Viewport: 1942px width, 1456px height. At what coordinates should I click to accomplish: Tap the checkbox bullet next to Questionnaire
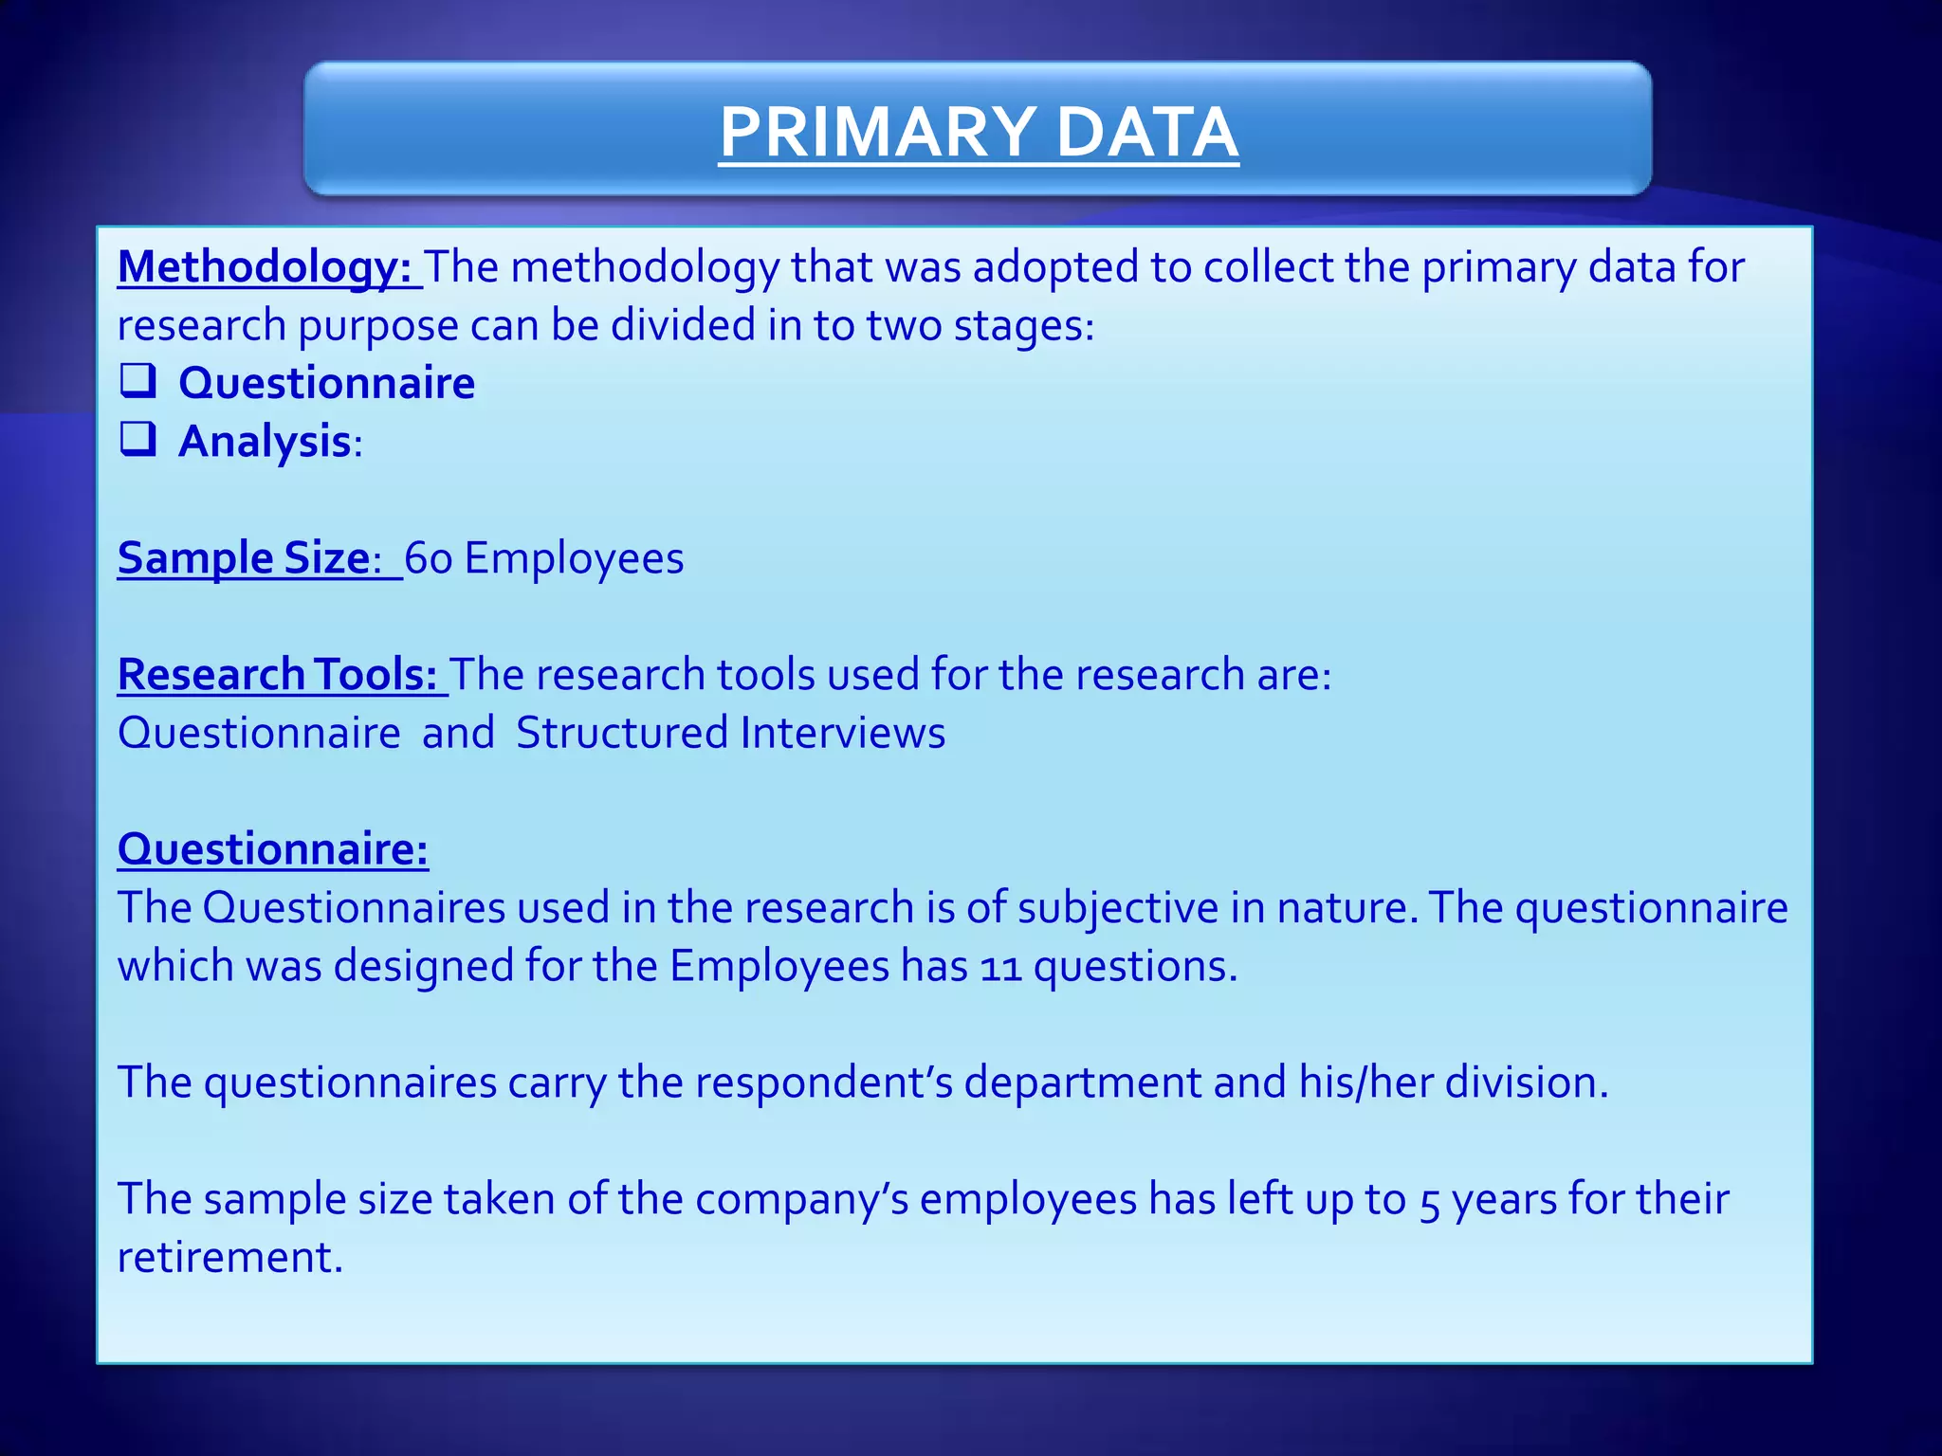click(x=138, y=381)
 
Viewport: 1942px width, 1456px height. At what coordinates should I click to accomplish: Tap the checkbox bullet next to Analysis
click(x=138, y=439)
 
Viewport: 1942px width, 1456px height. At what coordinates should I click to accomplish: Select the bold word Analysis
click(x=265, y=442)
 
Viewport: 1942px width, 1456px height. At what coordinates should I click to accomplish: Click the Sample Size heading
click(x=244, y=557)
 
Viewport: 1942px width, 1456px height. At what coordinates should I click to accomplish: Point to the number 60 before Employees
click(x=429, y=558)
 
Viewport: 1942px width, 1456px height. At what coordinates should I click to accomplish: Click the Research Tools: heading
click(x=277, y=675)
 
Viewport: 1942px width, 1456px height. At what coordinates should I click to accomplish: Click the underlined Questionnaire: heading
click(x=272, y=848)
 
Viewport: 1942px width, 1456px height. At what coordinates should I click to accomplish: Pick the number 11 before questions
click(x=1000, y=968)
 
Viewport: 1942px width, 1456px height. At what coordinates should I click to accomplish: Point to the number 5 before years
click(x=1429, y=1201)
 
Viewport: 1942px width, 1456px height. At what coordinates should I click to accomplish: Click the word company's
click(x=801, y=1199)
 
